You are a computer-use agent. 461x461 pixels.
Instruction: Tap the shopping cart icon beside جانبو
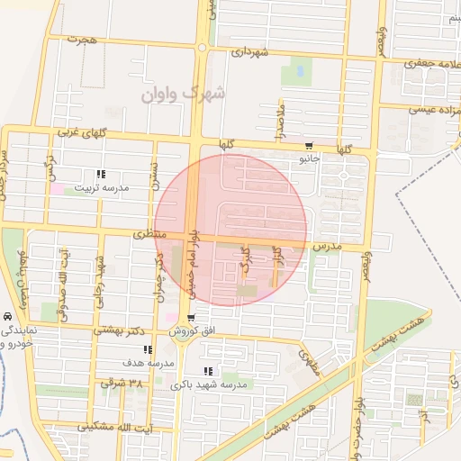tap(309, 146)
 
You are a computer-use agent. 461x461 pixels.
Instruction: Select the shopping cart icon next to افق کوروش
tap(192, 318)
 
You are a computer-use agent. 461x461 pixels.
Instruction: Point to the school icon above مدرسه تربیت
tap(101, 174)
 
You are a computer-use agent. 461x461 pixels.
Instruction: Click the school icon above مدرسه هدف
tap(147, 349)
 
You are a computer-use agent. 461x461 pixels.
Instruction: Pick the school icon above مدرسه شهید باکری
tap(208, 371)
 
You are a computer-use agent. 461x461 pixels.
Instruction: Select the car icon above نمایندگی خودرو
tap(7, 318)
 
